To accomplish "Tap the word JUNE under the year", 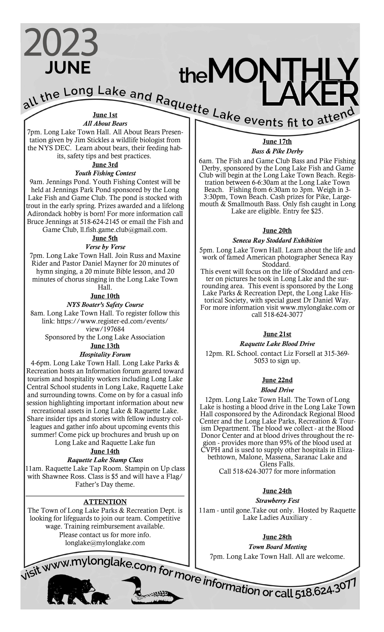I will (68, 68).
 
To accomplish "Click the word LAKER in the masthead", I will (310, 94).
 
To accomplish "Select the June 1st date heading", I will (105, 115).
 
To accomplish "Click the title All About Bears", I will (105, 123).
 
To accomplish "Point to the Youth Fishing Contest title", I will (105, 173).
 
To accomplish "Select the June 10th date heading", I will (105, 296).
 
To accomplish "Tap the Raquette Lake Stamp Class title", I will (105, 460).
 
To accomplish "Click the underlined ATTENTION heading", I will (105, 502).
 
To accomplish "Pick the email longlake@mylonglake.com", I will (105, 543).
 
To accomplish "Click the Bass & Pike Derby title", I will (277, 151).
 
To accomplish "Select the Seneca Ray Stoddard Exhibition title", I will (277, 240).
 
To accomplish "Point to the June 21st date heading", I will (277, 334).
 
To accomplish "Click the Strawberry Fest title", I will (277, 500).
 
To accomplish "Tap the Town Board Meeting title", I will (277, 547).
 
